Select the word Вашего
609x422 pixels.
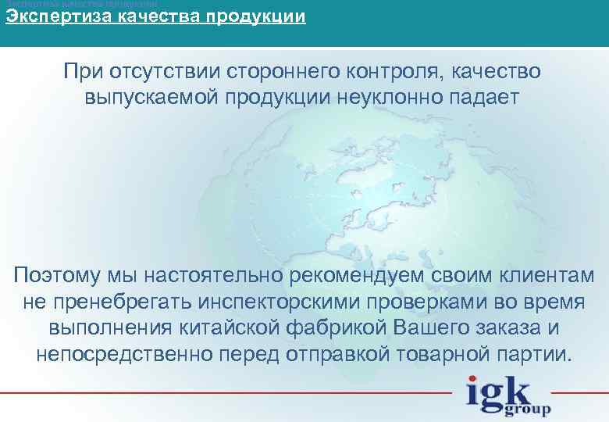point(421,327)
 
